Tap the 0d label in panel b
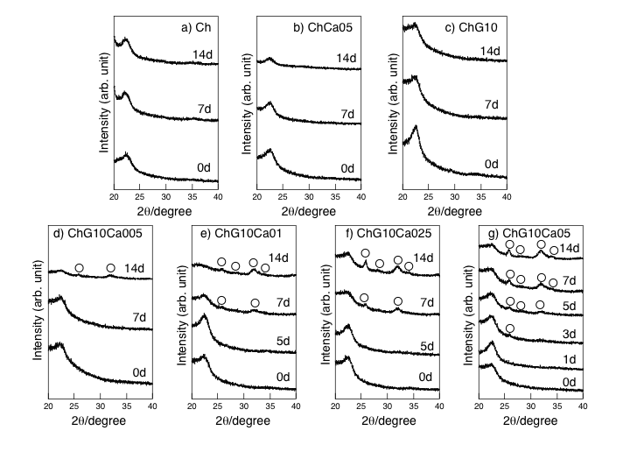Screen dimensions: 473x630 [347, 168]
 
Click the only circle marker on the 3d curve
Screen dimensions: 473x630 [509, 329]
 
